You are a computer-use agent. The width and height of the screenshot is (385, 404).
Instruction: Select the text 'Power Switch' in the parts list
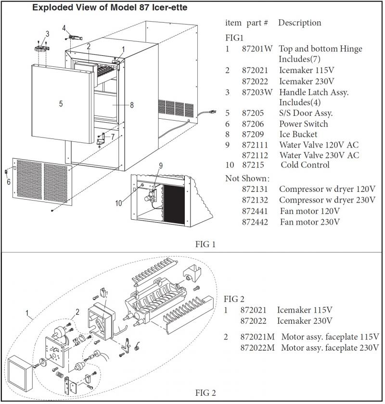[x=303, y=124]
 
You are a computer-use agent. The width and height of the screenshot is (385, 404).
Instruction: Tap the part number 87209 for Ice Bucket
[x=252, y=134]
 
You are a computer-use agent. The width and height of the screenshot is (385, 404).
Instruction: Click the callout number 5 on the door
[x=61, y=104]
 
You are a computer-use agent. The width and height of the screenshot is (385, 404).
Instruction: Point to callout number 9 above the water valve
[x=161, y=165]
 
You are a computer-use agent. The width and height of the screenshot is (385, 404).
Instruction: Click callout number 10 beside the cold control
[x=118, y=203]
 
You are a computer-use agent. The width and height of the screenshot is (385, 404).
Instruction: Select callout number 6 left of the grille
[x=8, y=181]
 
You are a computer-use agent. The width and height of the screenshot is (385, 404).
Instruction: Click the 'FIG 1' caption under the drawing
[x=205, y=244]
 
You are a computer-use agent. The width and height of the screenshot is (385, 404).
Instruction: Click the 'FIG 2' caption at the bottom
[x=205, y=393]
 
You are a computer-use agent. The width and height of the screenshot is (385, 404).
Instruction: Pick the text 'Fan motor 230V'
[x=310, y=222]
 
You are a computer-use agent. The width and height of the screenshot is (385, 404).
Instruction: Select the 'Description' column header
[x=299, y=23]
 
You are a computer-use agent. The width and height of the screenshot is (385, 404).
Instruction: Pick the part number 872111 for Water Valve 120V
[x=255, y=145]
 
